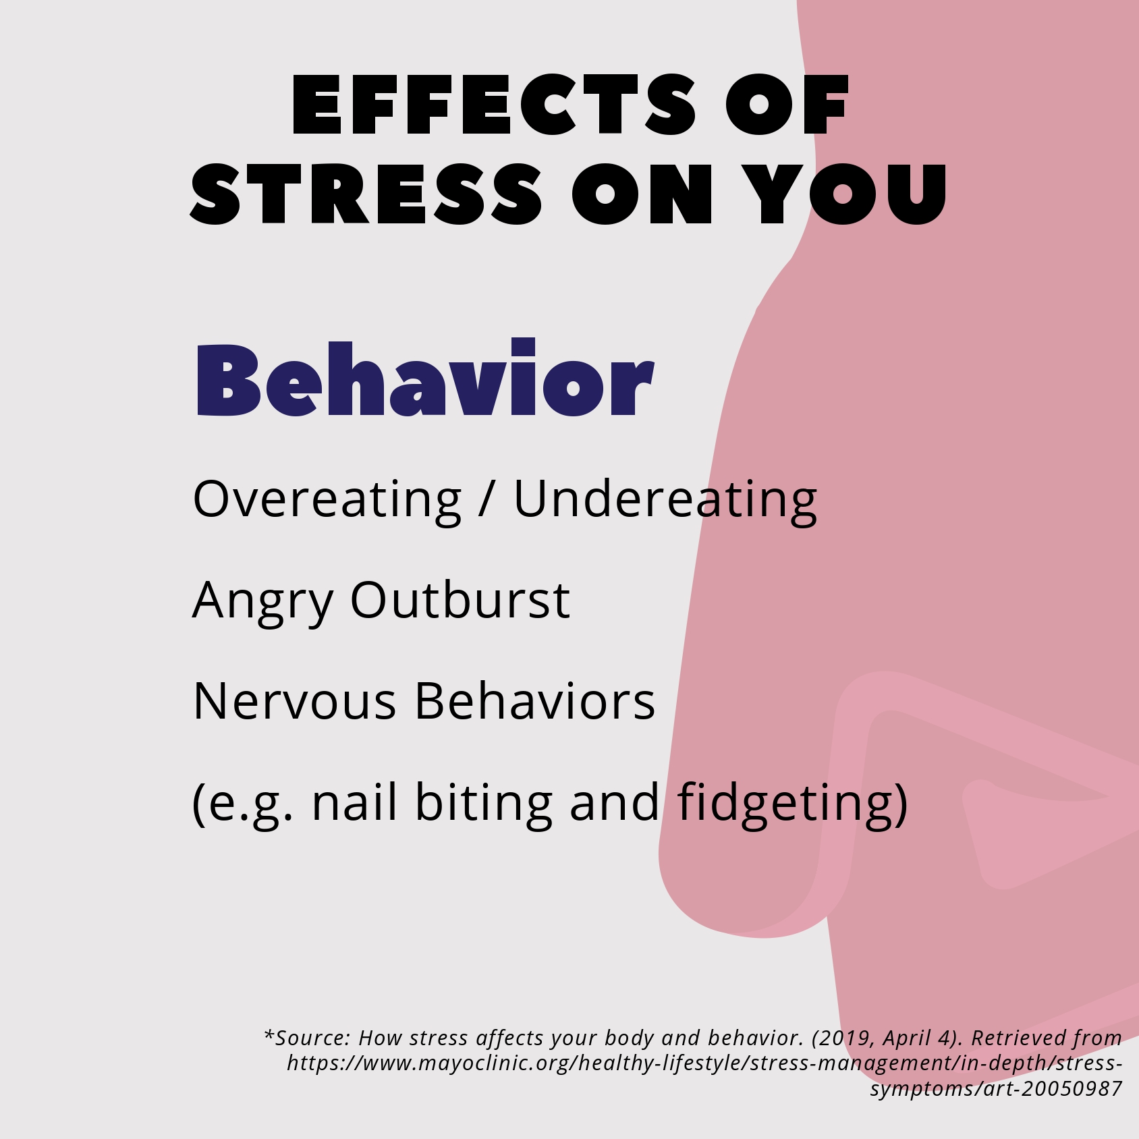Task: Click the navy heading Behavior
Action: tap(425, 378)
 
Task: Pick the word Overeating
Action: tap(327, 501)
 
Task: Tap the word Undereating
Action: tap(666, 501)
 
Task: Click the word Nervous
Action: tap(294, 702)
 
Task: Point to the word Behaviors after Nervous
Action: tap(534, 700)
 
